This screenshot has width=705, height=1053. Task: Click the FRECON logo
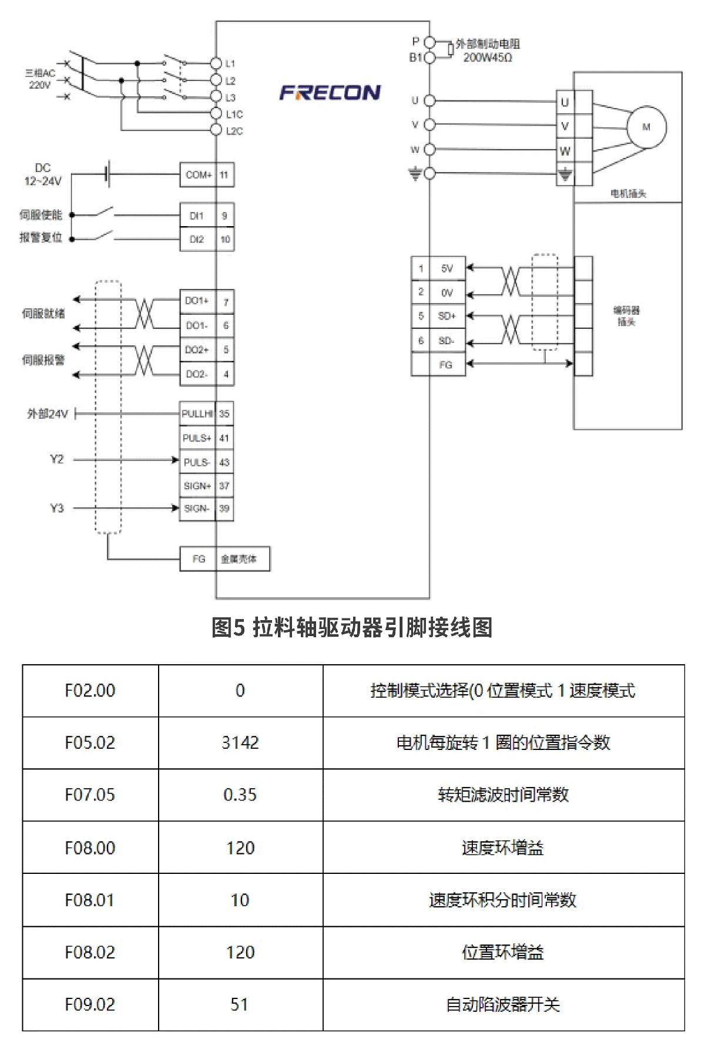tap(330, 93)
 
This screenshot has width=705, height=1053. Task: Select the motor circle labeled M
tap(646, 127)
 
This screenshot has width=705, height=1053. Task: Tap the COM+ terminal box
tap(198, 175)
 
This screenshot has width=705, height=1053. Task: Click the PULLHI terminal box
tap(197, 414)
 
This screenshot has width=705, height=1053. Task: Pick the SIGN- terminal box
tap(197, 509)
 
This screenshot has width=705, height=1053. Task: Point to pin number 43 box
tap(224, 462)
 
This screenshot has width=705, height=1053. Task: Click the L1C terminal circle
tap(216, 114)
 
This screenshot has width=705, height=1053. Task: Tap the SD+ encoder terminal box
tap(446, 316)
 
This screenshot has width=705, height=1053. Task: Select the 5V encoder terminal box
tap(446, 268)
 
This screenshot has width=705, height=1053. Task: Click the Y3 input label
tap(56, 508)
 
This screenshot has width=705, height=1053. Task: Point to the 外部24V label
tap(48, 414)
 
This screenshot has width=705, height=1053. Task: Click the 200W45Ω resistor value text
tap(487, 58)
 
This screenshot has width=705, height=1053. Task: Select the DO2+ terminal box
tap(197, 350)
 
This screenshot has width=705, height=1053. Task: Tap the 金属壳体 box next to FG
tap(239, 559)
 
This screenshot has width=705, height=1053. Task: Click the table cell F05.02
tap(90, 742)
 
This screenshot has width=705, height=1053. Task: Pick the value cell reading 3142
tap(240, 742)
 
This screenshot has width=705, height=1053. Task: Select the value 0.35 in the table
tap(240, 795)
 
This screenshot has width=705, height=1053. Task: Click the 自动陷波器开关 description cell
tap(503, 1004)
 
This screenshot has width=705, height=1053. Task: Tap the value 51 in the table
tap(240, 1004)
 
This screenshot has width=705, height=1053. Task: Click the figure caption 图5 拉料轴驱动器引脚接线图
tap(352, 628)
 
